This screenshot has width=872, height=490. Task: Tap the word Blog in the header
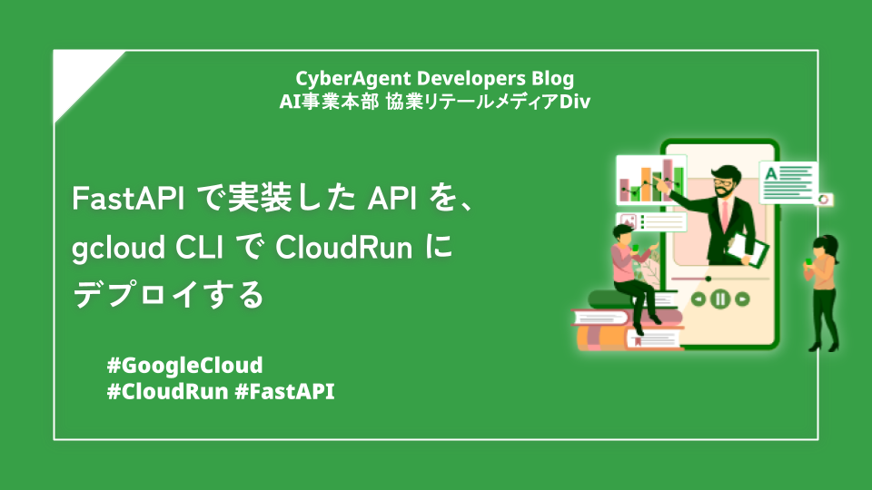click(553, 79)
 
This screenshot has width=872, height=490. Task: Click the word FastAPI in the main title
click(128, 199)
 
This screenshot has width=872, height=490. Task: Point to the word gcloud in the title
click(118, 249)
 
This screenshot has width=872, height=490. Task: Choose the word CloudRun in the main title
click(343, 247)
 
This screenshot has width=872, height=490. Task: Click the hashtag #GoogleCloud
click(184, 366)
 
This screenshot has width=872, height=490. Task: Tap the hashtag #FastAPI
click(284, 392)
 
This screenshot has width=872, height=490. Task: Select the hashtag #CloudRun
click(167, 392)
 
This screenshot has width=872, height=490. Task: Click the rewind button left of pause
click(698, 299)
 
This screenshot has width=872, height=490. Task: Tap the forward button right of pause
click(742, 299)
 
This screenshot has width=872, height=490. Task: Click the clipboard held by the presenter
click(748, 248)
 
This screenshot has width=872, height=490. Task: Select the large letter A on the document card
click(771, 174)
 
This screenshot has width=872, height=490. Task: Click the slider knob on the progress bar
click(708, 279)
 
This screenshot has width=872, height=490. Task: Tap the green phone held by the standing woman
click(808, 261)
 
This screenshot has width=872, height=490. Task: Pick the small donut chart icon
click(824, 200)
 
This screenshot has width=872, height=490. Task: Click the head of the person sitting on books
click(623, 234)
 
